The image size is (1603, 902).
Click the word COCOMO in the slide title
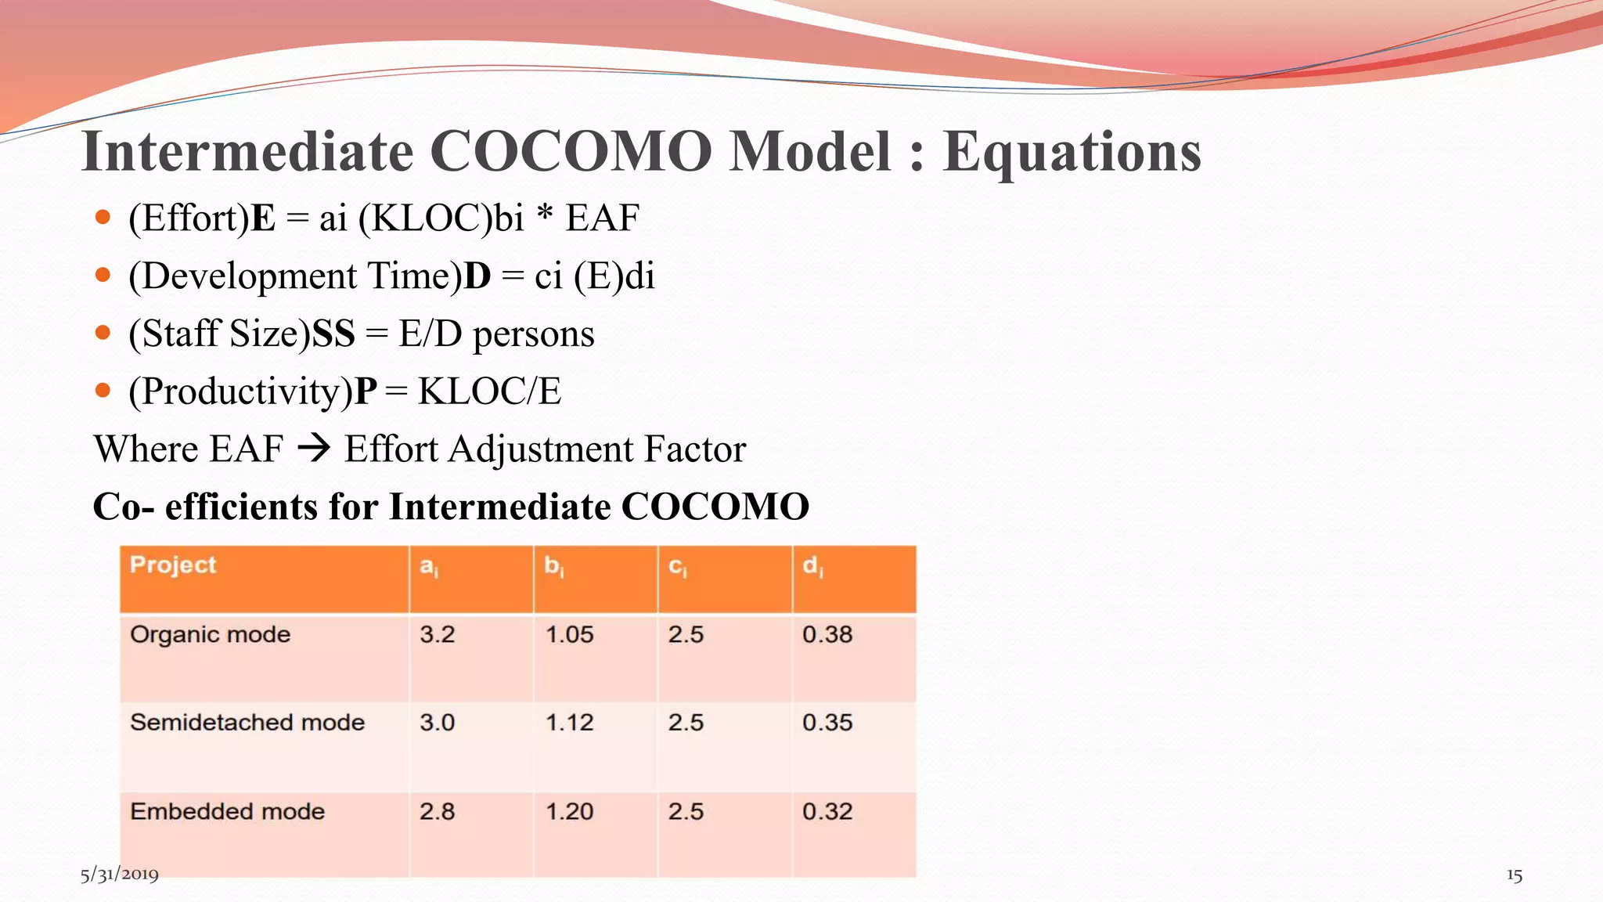tap(571, 150)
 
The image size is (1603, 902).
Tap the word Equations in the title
tap(1072, 152)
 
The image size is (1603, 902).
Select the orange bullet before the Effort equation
tap(103, 217)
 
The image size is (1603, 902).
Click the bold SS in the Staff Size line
tap(333, 334)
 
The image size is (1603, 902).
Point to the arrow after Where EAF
tap(314, 449)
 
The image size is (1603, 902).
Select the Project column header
tap(173, 565)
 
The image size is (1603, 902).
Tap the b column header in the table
tap(553, 565)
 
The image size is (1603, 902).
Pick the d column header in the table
tap(812, 565)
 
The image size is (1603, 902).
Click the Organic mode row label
tap(210, 634)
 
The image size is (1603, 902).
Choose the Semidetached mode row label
tap(247, 722)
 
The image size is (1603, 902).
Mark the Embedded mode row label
tap(227, 811)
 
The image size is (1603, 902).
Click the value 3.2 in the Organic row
tap(437, 634)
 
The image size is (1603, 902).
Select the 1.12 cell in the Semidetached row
tap(569, 722)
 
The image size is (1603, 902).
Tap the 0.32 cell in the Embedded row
tap(827, 811)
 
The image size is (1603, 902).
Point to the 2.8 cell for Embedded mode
tap(437, 811)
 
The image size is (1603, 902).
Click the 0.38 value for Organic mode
tap(827, 634)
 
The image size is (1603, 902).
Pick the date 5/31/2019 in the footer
tap(119, 875)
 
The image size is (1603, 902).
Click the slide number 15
tap(1514, 875)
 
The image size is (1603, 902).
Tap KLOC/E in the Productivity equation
tap(489, 391)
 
